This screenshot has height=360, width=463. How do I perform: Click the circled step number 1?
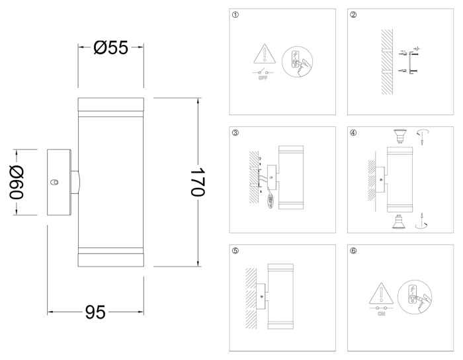235,15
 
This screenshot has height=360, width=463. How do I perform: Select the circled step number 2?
353,15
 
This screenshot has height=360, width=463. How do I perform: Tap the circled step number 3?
235,133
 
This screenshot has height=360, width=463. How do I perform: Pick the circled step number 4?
353,133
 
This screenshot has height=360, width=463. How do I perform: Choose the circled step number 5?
235,251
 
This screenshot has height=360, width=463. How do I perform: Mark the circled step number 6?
353,251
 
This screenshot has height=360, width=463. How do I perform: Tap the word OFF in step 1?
263,78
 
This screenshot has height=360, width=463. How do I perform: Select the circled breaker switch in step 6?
413,294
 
